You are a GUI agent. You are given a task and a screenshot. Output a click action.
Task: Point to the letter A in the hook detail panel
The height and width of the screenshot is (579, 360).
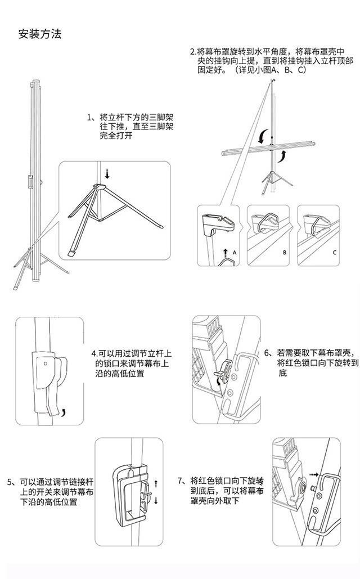(235, 253)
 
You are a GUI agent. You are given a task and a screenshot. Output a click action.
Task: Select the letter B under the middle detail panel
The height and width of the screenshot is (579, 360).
(285, 253)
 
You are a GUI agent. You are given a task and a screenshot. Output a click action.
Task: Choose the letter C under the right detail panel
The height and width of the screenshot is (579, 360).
(334, 253)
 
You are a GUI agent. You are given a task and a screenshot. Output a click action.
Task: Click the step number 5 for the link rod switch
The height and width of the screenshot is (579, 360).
(10, 482)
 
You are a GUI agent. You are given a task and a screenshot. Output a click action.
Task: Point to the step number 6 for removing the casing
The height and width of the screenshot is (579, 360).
(267, 353)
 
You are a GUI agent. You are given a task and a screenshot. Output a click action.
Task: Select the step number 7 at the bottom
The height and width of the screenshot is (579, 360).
(180, 481)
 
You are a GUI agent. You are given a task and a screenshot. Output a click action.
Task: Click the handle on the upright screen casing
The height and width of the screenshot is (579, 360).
(30, 183)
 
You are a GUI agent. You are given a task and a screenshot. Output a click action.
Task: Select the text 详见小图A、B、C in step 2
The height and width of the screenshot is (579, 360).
(268, 70)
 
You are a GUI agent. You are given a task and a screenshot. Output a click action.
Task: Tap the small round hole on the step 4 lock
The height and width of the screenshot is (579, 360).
(46, 363)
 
